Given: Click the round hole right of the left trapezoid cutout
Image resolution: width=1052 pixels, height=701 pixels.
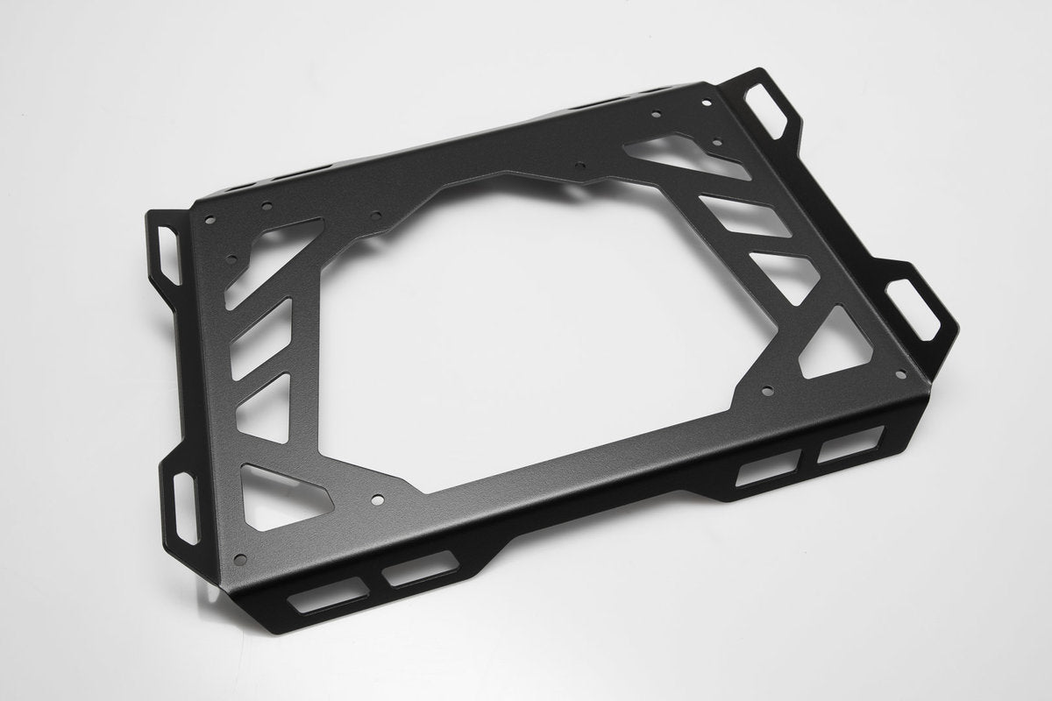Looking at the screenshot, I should (377, 500).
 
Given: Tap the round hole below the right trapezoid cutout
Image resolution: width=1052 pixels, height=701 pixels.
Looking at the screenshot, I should (768, 393).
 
